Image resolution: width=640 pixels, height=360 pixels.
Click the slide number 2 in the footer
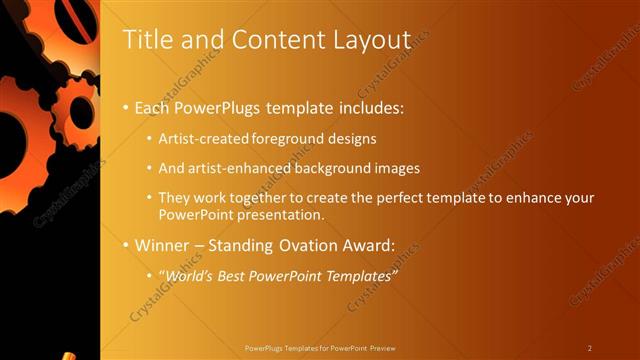(590, 348)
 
